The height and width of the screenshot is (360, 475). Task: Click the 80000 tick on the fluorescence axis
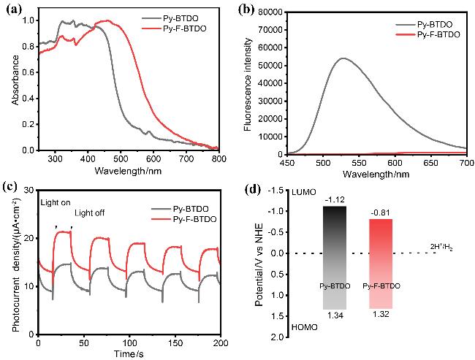point(268,12)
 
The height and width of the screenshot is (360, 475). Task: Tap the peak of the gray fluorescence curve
point(343,58)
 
